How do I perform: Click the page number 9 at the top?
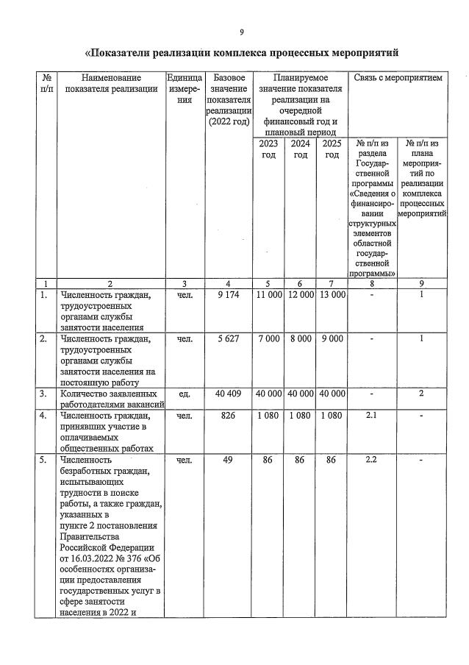241,32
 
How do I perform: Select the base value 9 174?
229,295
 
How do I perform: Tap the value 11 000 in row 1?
268,295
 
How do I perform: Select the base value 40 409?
229,394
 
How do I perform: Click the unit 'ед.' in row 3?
185,394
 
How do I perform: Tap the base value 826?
229,416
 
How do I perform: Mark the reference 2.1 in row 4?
371,416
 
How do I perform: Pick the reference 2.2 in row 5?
371,460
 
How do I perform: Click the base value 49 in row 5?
229,460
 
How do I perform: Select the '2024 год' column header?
300,149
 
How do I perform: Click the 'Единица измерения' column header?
185,88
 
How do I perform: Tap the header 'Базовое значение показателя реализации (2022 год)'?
229,99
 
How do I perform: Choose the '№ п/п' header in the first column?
46,82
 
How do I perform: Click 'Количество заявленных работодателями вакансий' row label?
110,399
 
